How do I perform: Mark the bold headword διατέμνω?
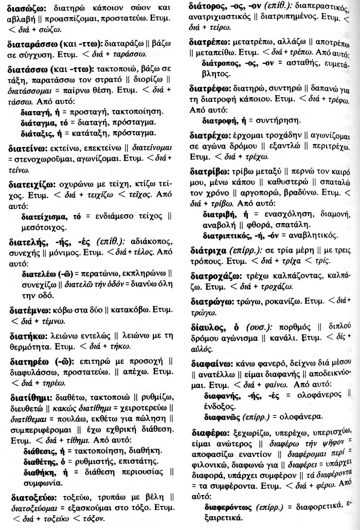[29, 310]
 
